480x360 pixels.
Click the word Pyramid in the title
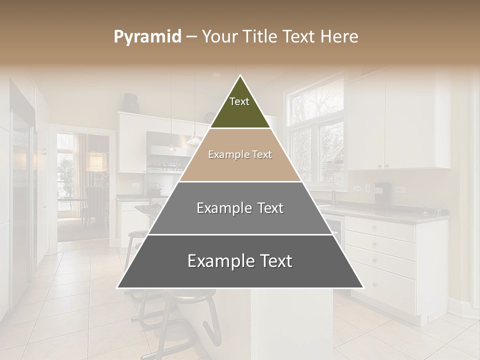click(147, 37)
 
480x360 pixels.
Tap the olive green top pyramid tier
click(240, 107)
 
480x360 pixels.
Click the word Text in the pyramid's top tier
click(239, 101)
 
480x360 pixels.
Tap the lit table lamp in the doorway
click(95, 161)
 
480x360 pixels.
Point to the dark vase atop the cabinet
click(131, 103)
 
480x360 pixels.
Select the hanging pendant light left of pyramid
click(171, 148)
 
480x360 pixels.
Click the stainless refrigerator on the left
click(21, 200)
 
